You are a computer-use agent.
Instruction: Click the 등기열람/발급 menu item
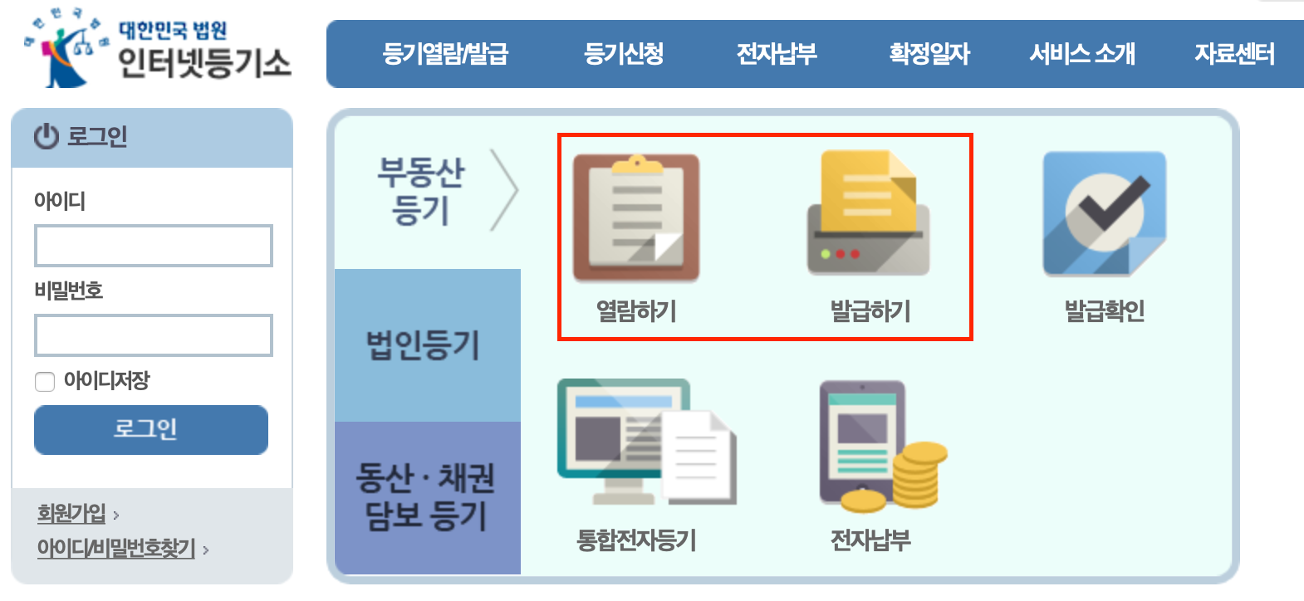[x=445, y=54]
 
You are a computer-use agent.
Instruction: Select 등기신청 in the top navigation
[x=624, y=54]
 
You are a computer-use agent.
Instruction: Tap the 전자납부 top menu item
[x=777, y=54]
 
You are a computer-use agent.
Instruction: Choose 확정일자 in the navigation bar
[x=929, y=54]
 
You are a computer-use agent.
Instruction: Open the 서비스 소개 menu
[x=1082, y=54]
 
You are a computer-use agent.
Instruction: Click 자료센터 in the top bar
[x=1234, y=54]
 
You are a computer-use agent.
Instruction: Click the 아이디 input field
[x=154, y=246]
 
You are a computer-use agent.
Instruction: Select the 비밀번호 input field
[x=154, y=335]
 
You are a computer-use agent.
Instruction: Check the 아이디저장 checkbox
[x=45, y=382]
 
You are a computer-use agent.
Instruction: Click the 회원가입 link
[x=71, y=514]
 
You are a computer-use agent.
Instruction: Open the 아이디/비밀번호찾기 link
[x=116, y=549]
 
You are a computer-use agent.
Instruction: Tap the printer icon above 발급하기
[x=869, y=214]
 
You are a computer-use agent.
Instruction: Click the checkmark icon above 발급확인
[x=1105, y=213]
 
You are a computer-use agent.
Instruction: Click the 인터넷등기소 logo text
[x=204, y=63]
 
